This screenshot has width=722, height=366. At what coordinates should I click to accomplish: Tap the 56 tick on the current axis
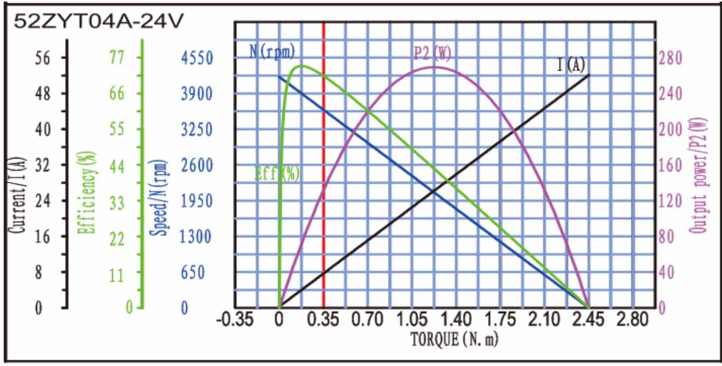click(x=43, y=57)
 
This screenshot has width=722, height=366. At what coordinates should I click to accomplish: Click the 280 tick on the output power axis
click(x=671, y=57)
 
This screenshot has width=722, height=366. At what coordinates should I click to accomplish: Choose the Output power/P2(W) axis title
click(x=699, y=176)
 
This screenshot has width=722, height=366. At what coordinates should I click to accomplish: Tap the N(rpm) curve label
click(x=272, y=51)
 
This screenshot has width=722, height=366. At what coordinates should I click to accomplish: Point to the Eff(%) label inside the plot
click(x=277, y=173)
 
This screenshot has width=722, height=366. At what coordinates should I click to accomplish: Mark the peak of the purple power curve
click(x=434, y=67)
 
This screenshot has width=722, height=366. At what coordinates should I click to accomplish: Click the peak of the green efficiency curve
click(x=302, y=66)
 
